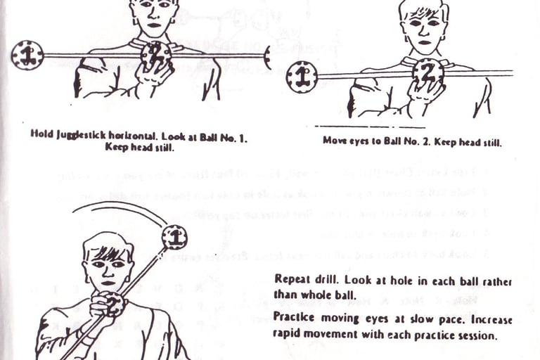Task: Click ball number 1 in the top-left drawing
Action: pos(27,56)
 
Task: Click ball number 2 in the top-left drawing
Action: pos(156,54)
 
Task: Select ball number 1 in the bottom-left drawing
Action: pos(174,237)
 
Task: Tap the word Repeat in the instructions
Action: pos(290,278)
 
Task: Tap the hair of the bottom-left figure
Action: pos(108,247)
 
